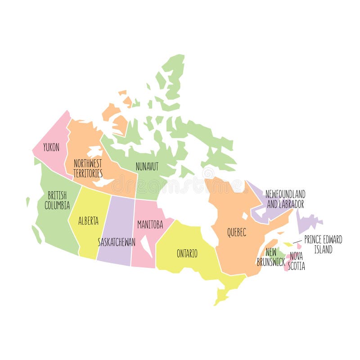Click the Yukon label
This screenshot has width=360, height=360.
click(51, 147)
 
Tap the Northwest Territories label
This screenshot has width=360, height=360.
click(88, 168)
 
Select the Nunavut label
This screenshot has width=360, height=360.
click(147, 166)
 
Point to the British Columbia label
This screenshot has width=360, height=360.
click(57, 200)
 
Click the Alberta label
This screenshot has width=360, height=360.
click(88, 221)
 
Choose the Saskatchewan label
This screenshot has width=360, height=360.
click(117, 242)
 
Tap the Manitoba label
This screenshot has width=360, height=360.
click(150, 224)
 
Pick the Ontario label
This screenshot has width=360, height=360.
click(187, 253)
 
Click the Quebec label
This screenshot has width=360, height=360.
click(236, 232)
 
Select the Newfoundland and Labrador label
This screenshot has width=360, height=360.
click(285, 199)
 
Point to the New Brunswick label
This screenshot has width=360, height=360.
click(271, 257)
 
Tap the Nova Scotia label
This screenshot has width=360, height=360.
click(297, 261)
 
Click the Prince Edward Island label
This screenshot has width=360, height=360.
click(323, 244)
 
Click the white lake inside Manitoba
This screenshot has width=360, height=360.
click(146, 245)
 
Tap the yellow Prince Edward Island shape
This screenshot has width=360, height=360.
click(288, 244)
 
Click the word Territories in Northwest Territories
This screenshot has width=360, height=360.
click(88, 173)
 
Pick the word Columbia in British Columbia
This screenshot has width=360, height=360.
click(57, 206)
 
